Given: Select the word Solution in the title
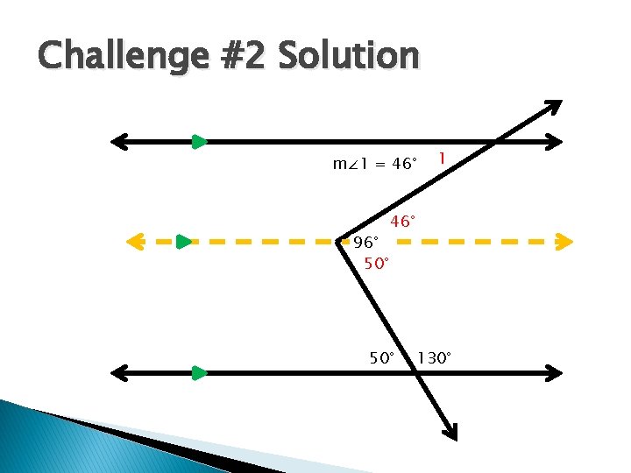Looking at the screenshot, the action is pos(348,56).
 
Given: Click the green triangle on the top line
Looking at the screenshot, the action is pos(200,141).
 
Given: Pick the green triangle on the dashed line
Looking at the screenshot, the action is pos(183,241).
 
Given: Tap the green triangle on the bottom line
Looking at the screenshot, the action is pos(200,373).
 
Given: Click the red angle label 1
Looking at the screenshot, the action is pos(443,159).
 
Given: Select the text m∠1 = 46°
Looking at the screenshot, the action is pos(374,164).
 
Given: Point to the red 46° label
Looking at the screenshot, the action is pos(403,222).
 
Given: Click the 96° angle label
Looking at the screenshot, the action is pos(366,242).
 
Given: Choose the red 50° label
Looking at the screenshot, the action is pos(376,263).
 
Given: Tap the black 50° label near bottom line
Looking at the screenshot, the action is pos(384,357).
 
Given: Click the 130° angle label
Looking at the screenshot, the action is pos(435,357).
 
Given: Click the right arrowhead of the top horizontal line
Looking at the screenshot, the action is pos(554,141).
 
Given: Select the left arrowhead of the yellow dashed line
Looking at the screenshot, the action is pos(134,241).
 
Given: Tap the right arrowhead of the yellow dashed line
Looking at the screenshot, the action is pos(564,241).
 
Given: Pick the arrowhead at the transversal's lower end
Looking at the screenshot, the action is pos(450,431).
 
